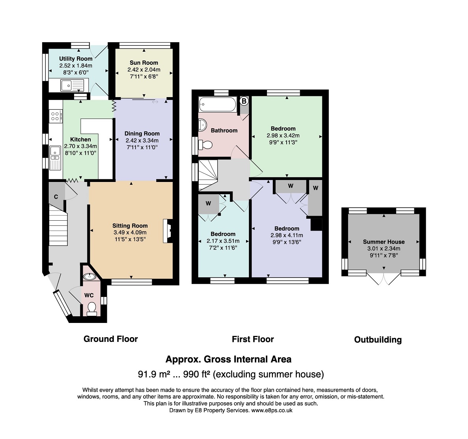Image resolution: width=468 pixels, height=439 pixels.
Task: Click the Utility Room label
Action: pos(76,58)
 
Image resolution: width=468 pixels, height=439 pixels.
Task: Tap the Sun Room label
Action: pos(144,62)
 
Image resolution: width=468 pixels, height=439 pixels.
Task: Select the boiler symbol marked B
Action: pos(244,101)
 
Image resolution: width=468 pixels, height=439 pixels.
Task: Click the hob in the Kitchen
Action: pos(56,116)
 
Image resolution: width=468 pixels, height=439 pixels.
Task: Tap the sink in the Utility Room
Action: pos(72,85)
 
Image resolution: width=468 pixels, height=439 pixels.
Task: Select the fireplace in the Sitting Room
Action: pos(168,231)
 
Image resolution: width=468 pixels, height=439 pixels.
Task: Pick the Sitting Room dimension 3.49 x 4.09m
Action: pos(130,232)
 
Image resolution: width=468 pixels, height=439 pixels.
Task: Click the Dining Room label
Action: pos(142,133)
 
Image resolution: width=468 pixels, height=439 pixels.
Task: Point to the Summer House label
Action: pos(384,242)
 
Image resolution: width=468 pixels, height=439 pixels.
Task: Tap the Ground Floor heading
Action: pos(111,339)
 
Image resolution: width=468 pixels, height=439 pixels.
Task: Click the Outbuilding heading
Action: pos(378,340)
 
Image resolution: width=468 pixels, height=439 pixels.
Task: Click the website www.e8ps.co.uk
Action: pos(272,410)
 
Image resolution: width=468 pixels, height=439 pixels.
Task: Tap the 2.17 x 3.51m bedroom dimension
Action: pos(223,241)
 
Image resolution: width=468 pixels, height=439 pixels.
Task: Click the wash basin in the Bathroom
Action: pos(203,125)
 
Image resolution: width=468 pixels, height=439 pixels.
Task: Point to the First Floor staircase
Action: pos(208,175)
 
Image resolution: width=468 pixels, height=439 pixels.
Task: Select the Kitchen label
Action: pos(80,139)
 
